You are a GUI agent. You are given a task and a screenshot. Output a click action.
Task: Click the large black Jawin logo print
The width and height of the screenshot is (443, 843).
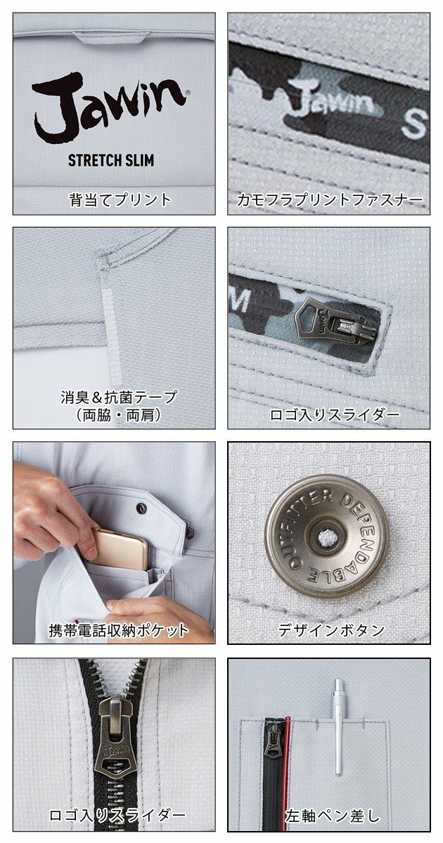point(109,105)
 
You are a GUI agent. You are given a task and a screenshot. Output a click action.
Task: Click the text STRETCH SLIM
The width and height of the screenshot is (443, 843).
point(111,159)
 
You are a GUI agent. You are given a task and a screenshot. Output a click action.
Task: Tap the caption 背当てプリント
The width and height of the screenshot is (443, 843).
point(120,200)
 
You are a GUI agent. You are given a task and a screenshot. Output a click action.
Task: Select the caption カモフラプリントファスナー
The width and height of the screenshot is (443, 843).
point(329,200)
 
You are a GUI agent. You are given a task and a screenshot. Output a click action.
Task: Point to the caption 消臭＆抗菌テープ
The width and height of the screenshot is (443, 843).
point(119,397)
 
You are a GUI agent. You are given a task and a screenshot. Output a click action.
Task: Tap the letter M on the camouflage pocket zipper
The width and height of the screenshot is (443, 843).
point(240,301)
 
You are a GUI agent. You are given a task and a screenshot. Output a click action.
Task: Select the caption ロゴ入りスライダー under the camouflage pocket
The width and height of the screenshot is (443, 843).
point(334,414)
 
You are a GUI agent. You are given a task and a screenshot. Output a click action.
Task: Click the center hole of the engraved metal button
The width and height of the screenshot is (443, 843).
point(325,537)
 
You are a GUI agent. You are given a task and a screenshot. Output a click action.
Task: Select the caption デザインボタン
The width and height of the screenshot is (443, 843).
point(330,630)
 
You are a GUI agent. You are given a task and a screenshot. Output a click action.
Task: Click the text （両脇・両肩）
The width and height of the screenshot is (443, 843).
point(119,414)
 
